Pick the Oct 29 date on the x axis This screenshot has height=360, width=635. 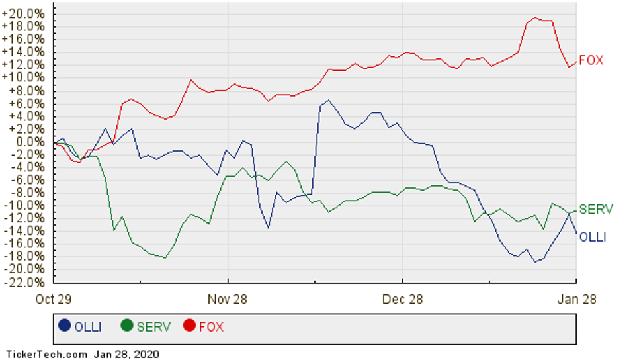(53, 298)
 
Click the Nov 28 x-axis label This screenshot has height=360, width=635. (228, 298)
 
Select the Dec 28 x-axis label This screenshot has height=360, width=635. (402, 298)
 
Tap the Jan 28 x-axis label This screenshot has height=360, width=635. (576, 298)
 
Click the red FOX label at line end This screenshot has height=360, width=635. (591, 60)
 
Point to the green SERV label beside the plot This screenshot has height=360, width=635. (594, 210)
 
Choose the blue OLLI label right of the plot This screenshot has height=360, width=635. (593, 236)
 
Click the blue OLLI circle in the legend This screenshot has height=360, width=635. (64, 326)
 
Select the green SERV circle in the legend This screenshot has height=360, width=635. (127, 326)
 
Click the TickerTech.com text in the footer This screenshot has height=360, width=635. (46, 354)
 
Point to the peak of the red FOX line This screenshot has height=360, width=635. (536, 18)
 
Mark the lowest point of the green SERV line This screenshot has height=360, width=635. (165, 257)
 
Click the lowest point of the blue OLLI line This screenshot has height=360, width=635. (535, 261)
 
